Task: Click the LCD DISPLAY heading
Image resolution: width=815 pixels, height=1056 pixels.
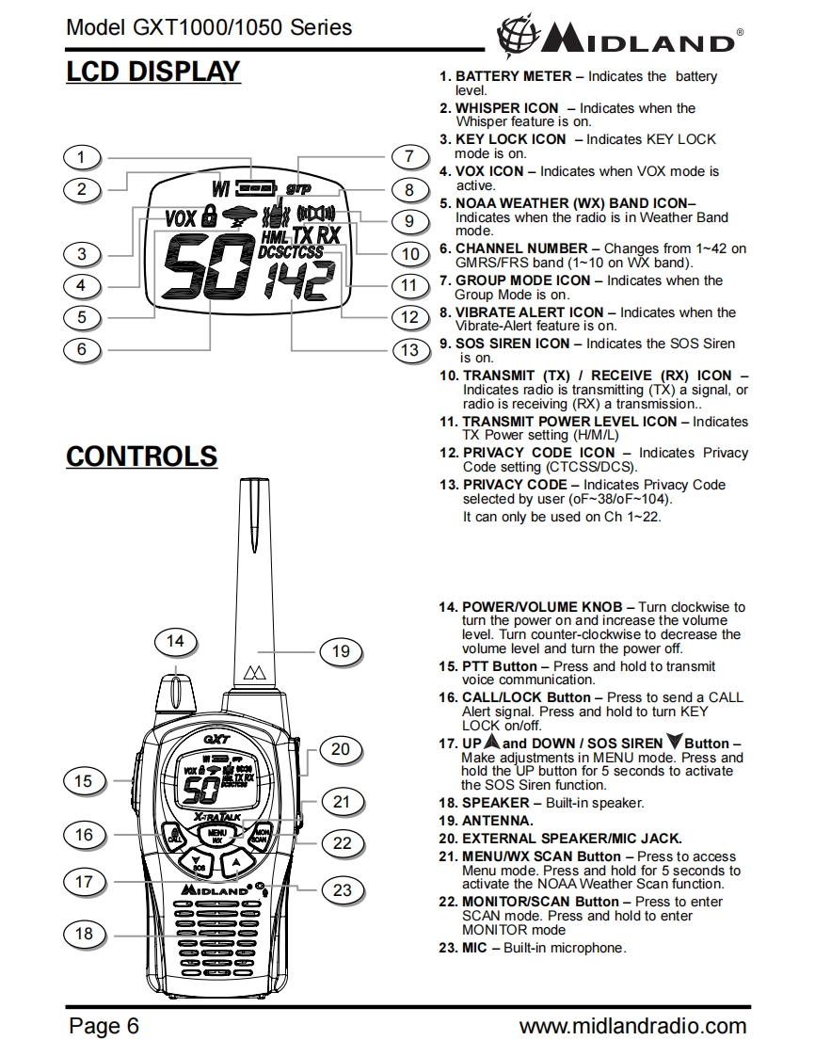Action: [x=153, y=72]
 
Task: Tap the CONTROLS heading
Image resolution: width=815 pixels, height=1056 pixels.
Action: [x=141, y=457]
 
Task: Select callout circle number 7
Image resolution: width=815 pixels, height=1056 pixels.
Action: [x=409, y=157]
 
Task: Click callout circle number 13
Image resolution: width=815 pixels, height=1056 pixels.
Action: [x=409, y=350]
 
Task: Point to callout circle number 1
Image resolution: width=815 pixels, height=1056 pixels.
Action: [x=82, y=157]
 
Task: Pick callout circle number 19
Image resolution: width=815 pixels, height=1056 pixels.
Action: [x=341, y=651]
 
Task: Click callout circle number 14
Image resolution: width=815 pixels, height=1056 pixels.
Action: [x=175, y=642]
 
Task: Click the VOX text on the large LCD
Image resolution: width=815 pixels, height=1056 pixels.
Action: [x=180, y=218]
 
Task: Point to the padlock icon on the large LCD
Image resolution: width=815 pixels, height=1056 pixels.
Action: [x=210, y=216]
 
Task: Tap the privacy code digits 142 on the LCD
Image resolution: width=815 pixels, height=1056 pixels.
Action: [x=298, y=280]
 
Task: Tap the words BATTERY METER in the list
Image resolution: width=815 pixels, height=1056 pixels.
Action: [x=513, y=76]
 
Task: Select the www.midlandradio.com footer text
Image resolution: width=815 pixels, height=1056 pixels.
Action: [x=632, y=1026]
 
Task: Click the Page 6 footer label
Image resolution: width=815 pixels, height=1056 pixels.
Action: [x=104, y=1026]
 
